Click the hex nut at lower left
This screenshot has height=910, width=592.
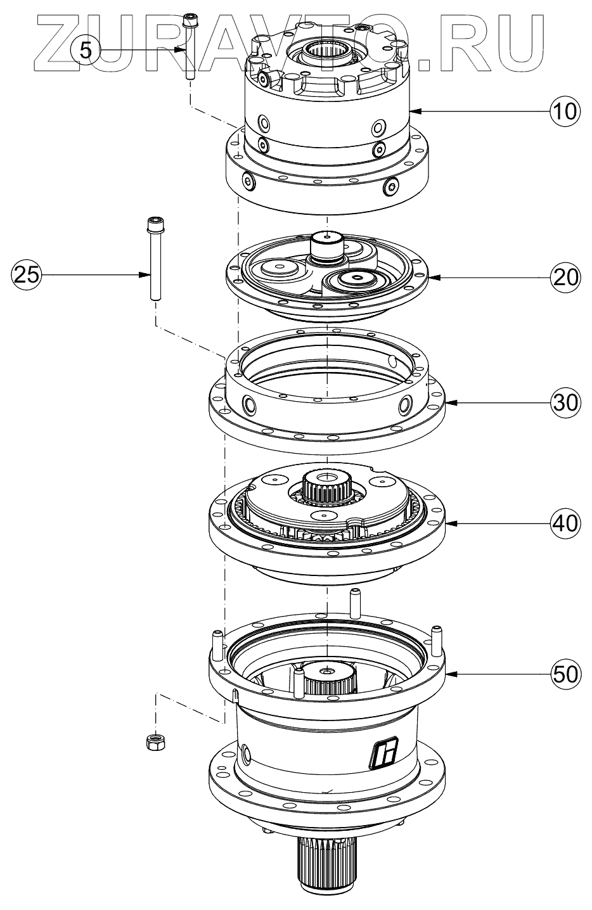[154, 741]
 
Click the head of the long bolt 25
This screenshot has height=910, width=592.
[153, 224]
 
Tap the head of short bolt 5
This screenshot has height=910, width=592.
[189, 20]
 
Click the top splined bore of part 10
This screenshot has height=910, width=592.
[325, 48]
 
